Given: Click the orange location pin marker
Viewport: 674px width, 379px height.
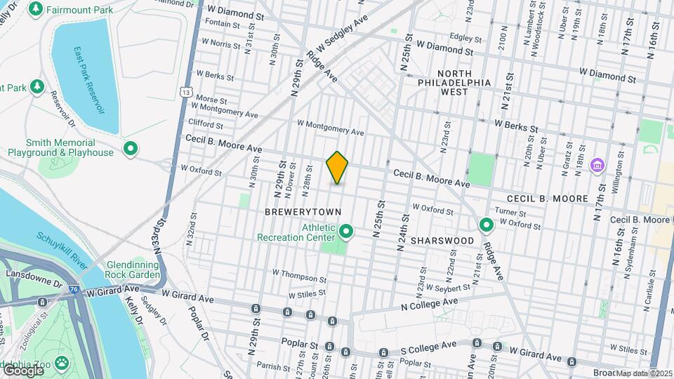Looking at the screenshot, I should click(x=337, y=168).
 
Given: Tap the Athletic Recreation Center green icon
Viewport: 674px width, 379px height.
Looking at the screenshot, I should click(x=345, y=231).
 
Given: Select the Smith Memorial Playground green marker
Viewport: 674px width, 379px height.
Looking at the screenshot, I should click(x=130, y=148).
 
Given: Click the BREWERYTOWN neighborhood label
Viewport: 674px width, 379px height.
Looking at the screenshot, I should click(x=303, y=212).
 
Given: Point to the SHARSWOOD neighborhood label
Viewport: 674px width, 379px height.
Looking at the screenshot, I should click(x=442, y=241).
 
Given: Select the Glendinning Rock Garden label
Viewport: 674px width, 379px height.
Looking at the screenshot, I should click(x=133, y=270).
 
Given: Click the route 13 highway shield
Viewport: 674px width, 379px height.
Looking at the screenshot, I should click(x=185, y=91).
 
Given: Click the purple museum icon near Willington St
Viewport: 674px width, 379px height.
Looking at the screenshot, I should click(x=597, y=166).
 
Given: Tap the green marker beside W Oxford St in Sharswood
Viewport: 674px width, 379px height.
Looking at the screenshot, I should click(x=486, y=225).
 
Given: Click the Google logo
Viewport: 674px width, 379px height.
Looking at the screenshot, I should click(x=23, y=371).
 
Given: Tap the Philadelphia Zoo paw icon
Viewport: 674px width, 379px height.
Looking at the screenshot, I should click(x=62, y=363).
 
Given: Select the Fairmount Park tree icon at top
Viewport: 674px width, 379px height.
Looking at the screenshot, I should click(x=35, y=9).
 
